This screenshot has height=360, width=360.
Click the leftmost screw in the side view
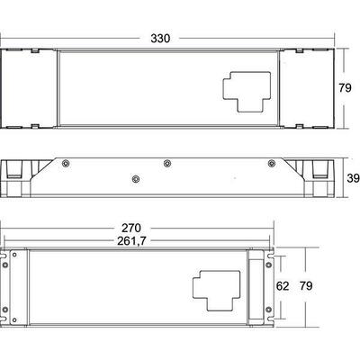(66, 163)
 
